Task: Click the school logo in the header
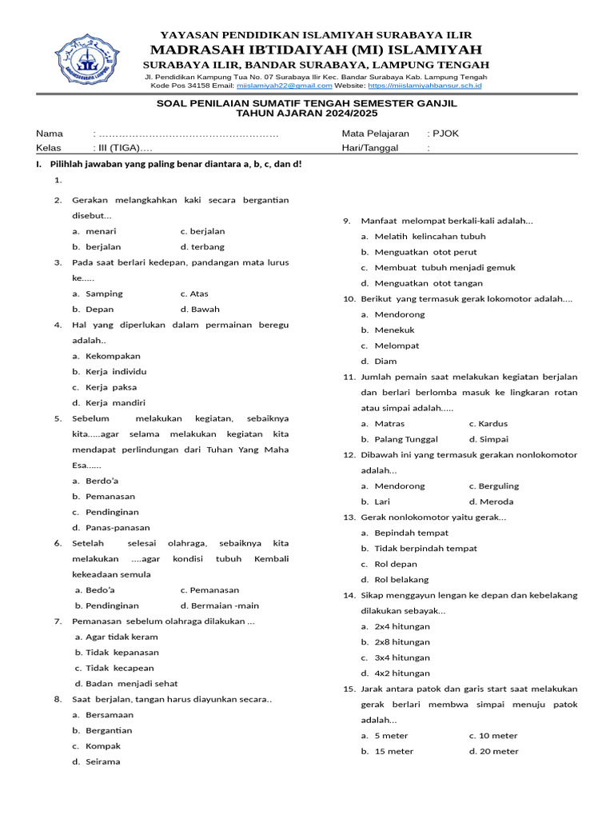coord(90,59)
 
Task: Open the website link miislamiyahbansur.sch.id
coord(425,85)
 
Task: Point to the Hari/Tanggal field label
coord(370,148)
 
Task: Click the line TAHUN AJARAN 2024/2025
coord(306,114)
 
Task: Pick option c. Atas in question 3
coord(194,294)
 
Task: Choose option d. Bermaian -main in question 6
coord(220,605)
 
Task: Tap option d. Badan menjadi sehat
coord(126,684)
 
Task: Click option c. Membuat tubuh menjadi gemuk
coord(438,268)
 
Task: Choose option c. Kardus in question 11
coord(488,424)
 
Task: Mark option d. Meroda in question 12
coord(492,501)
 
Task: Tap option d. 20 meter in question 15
coord(494,751)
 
